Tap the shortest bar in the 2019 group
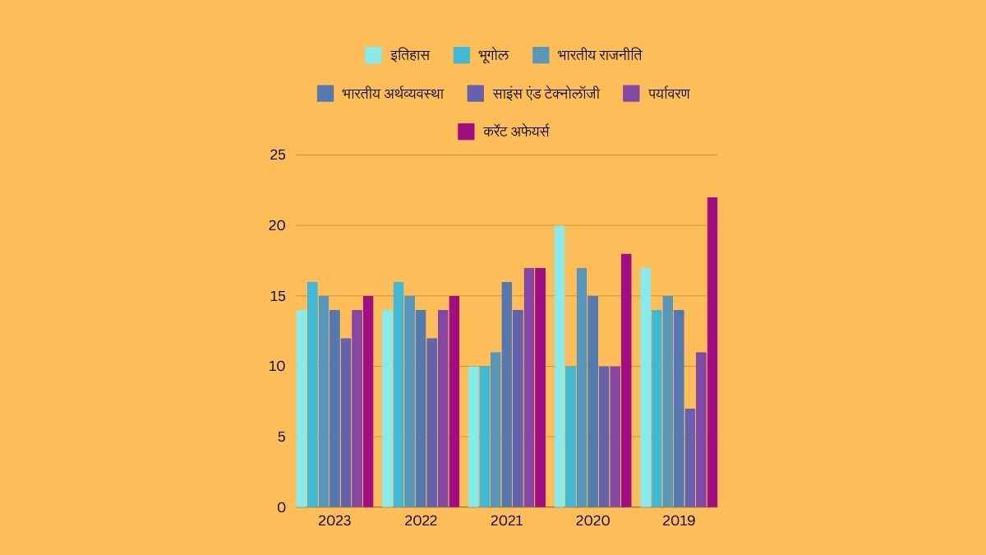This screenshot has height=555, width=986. click(690, 457)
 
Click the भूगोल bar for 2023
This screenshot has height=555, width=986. click(312, 394)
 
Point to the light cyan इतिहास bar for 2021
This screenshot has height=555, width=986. click(473, 437)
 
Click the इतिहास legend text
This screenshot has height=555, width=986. click(410, 56)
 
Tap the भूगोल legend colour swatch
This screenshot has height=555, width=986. click(462, 56)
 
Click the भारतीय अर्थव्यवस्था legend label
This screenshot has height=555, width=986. click(393, 94)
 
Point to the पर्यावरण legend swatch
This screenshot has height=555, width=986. click(632, 94)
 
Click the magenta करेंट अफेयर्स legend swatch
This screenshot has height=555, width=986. click(466, 132)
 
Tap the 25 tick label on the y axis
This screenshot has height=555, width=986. click(278, 155)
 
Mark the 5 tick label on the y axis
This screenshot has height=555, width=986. click(282, 437)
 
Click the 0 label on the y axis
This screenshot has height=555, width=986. click(282, 507)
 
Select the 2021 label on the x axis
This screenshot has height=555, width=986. click(506, 521)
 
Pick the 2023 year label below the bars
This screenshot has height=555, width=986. click(334, 521)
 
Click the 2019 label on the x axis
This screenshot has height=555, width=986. click(679, 521)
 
